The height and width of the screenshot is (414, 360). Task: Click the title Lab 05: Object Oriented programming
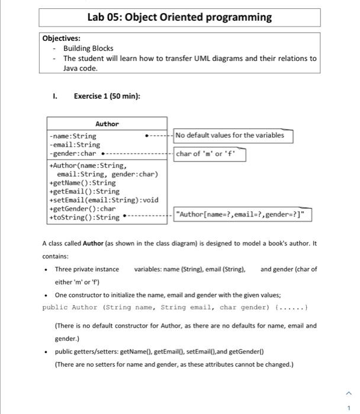(x=179, y=17)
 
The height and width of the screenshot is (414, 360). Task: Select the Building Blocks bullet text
(x=88, y=48)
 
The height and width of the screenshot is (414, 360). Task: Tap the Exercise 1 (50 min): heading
(x=107, y=96)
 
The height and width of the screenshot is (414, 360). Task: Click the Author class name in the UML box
(x=107, y=124)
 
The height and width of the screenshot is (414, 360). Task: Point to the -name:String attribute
(x=73, y=136)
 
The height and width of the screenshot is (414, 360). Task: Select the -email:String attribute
(x=75, y=144)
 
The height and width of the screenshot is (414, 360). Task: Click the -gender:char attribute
(x=73, y=153)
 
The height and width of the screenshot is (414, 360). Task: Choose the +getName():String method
(x=83, y=183)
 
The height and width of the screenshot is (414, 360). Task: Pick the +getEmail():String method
(x=85, y=191)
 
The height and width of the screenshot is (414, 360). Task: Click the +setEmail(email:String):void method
(x=104, y=200)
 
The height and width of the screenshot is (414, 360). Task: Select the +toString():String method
(x=85, y=217)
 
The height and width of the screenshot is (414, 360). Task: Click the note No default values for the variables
(x=230, y=135)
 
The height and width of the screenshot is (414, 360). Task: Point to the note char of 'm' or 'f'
(x=210, y=155)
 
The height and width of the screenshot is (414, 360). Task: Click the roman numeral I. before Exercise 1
(x=55, y=96)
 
